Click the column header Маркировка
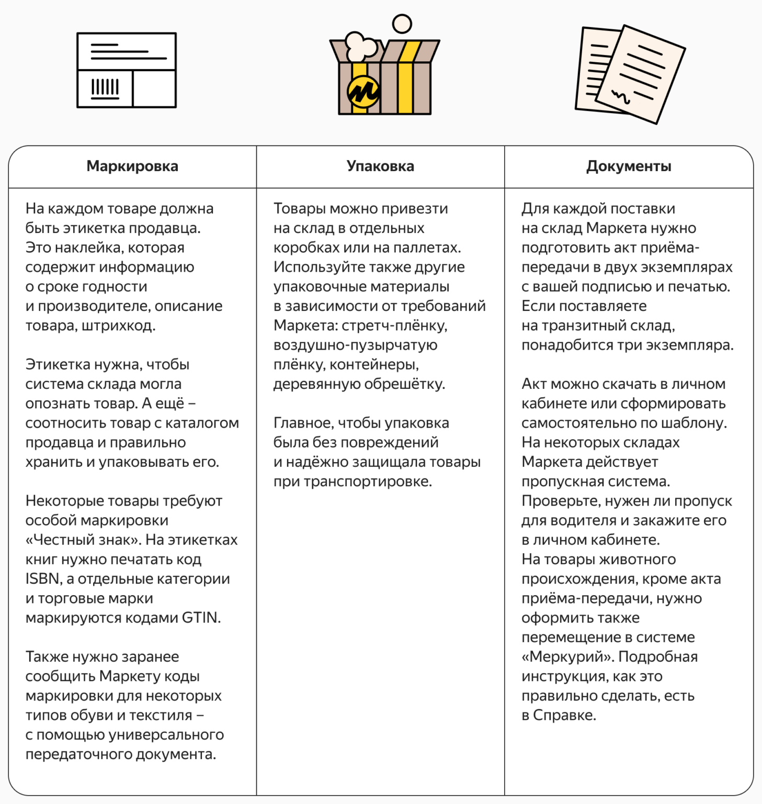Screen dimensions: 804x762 (x=132, y=166)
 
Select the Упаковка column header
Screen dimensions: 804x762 (x=380, y=166)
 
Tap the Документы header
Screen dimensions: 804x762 (x=629, y=166)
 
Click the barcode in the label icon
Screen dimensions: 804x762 (x=105, y=87)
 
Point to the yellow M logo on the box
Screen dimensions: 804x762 (x=363, y=92)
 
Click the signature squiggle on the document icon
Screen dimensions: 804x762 (x=621, y=97)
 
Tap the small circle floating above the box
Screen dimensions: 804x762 (x=402, y=24)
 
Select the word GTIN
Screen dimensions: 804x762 (x=199, y=618)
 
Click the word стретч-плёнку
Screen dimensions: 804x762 (x=394, y=326)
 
